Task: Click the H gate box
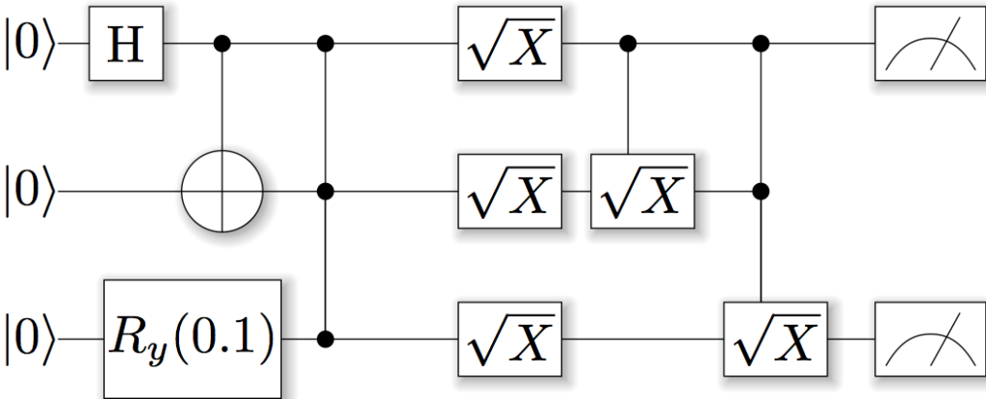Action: [127, 44]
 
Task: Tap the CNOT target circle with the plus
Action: [223, 191]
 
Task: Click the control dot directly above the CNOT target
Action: [223, 44]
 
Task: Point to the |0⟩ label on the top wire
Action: [31, 44]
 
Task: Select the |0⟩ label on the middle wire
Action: [31, 191]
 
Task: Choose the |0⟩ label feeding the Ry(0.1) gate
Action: [31, 339]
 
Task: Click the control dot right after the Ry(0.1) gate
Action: [327, 339]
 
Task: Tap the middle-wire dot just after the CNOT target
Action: [327, 191]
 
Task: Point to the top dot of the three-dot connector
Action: [327, 44]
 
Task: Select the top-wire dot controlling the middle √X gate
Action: [630, 44]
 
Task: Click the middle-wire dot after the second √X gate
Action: [763, 191]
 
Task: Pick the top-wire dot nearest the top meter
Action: [763, 44]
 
